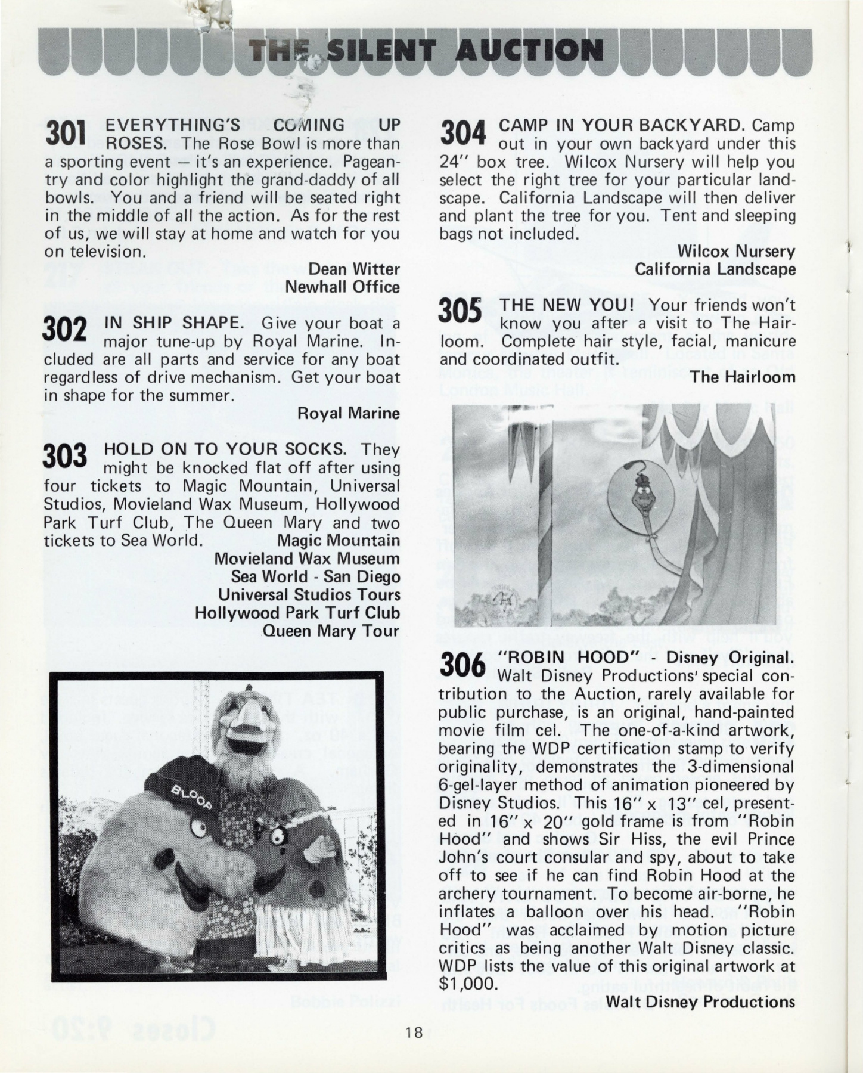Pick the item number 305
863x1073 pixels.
pos(460,313)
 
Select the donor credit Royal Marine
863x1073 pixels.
pos(348,413)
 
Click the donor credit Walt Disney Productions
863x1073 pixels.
pos(700,1001)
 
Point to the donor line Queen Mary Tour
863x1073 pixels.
pos(331,631)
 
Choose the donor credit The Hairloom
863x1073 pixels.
pos(743,377)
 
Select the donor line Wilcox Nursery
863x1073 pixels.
pos(736,252)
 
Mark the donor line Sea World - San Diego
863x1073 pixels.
pos(315,577)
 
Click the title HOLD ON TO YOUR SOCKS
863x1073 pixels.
pos(225,449)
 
